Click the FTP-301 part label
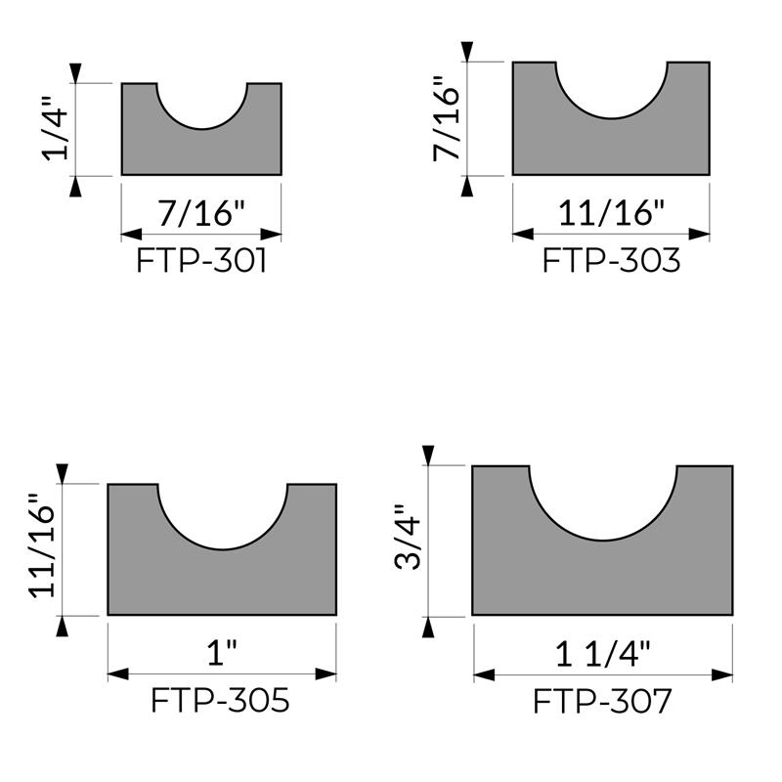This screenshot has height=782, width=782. [x=201, y=261]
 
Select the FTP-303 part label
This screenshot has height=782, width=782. [x=611, y=260]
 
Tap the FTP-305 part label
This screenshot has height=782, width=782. [x=220, y=700]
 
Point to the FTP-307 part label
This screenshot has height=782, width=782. [x=602, y=701]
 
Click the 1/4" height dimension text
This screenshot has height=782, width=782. [x=55, y=128]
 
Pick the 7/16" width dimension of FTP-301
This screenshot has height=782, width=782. [x=201, y=213]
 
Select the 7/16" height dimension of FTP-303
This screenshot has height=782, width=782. [x=446, y=118]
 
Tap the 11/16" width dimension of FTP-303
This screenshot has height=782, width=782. [x=611, y=213]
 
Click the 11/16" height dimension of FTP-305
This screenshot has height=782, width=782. [x=41, y=545]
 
